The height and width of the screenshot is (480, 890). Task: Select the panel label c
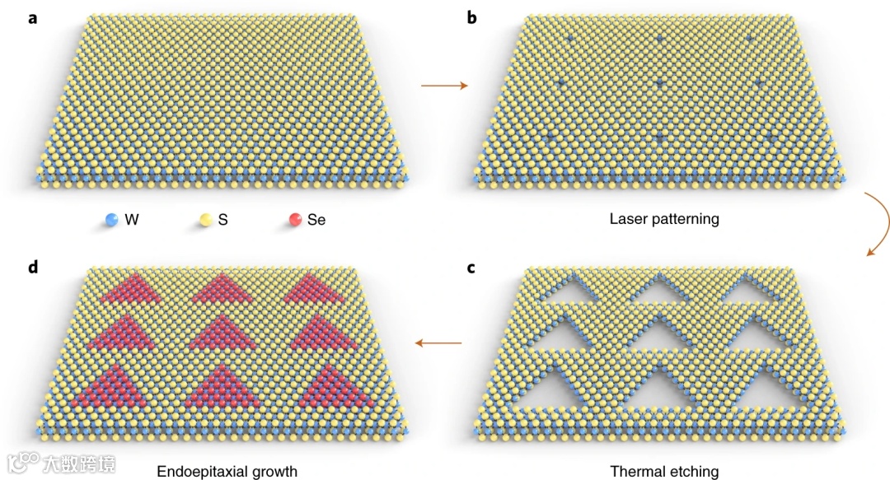tap(472, 270)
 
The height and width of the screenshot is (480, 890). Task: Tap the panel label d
tap(33, 270)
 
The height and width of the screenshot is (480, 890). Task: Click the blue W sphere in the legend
tap(111, 220)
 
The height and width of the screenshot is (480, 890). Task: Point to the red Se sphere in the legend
tap(295, 220)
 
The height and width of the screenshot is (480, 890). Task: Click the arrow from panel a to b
tap(444, 85)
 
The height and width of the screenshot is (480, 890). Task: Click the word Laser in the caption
tap(626, 219)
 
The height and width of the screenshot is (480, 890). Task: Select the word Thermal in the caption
tap(635, 472)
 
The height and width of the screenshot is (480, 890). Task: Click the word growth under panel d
tap(276, 473)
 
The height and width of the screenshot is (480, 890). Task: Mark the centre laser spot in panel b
tap(659, 83)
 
